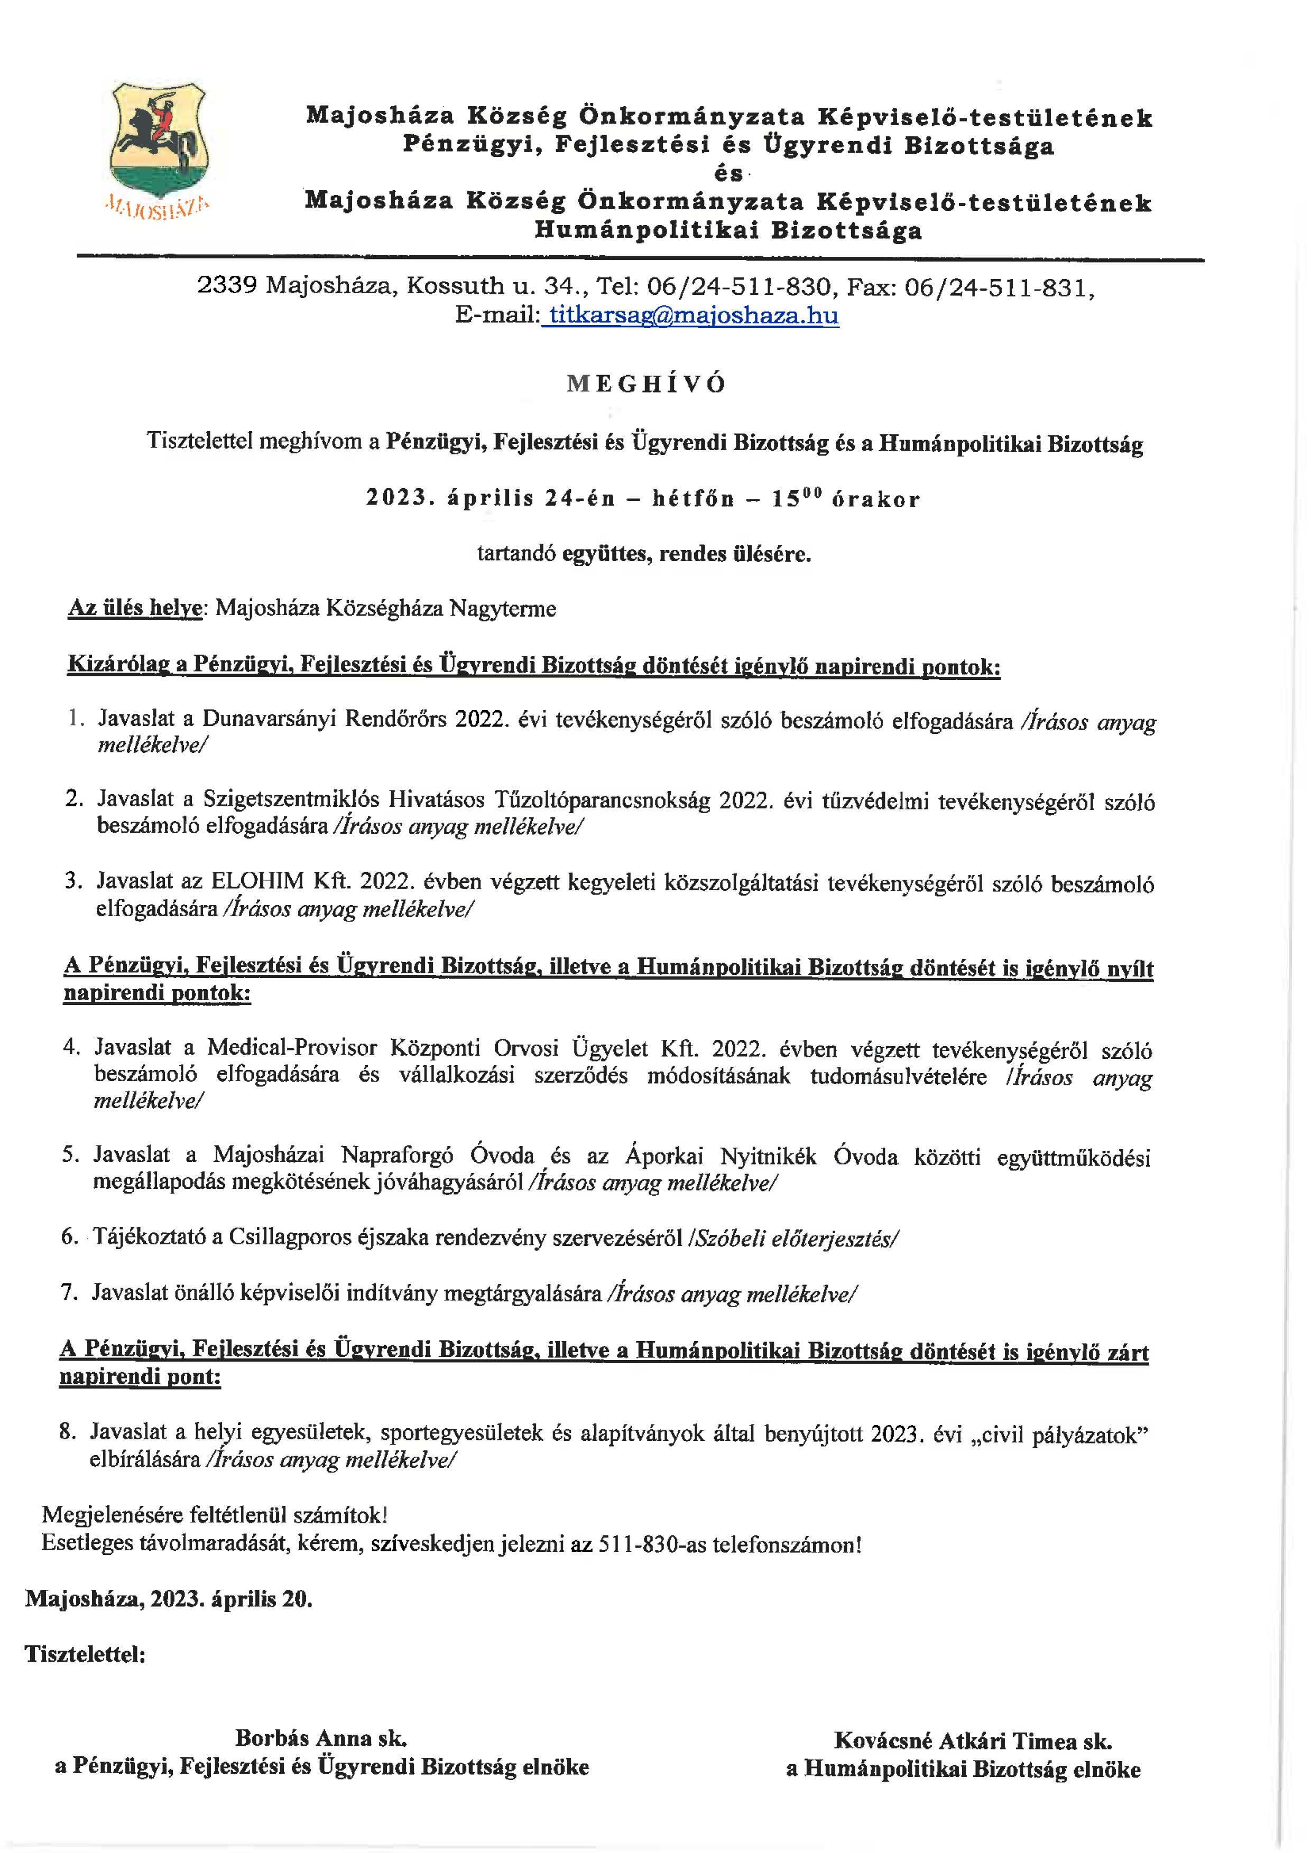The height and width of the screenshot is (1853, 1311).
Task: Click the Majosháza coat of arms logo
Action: click(158, 141)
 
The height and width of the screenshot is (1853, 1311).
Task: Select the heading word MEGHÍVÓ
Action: click(646, 384)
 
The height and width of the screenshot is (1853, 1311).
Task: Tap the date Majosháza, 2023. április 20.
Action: click(169, 1599)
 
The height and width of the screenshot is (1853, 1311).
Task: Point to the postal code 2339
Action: click(227, 286)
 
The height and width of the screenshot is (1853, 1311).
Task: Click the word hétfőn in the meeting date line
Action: click(694, 499)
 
